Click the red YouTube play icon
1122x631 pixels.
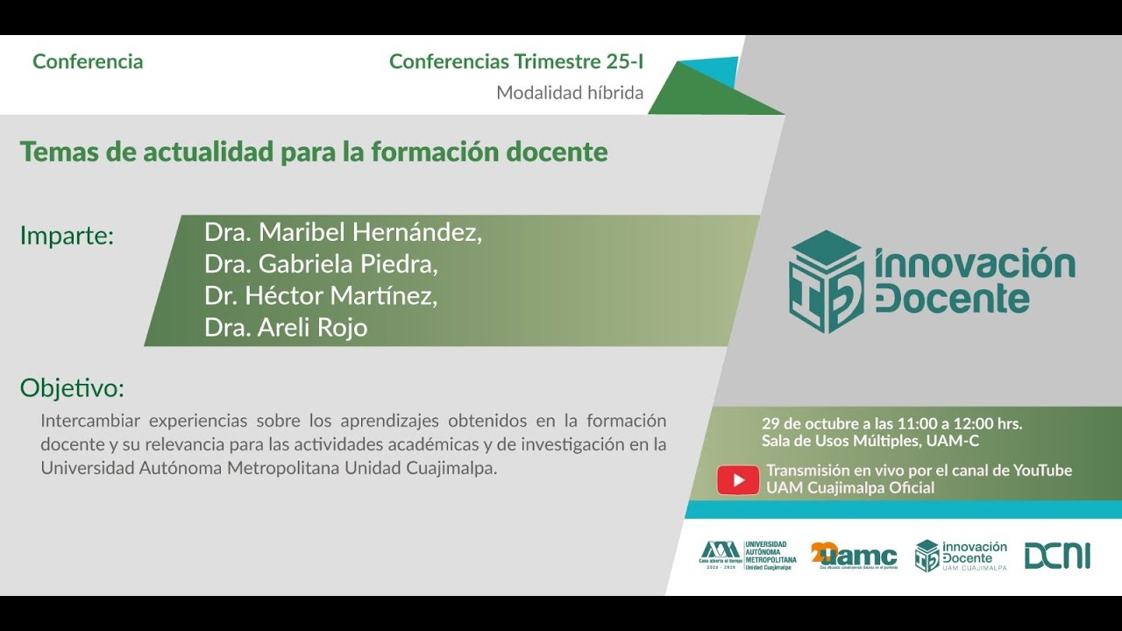738,479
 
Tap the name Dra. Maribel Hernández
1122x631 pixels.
343,233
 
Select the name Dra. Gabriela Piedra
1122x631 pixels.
320,265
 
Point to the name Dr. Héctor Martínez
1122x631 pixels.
320,296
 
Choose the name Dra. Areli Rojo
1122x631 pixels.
285,328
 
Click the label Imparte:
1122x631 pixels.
67,236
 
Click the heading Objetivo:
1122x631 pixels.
72,388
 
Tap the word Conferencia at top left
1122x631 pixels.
88,62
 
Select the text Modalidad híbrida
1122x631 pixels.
570,93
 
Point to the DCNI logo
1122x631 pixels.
1057,556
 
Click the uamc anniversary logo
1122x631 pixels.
854,556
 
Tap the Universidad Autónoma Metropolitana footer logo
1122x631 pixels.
748,556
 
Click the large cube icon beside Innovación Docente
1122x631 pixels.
826,281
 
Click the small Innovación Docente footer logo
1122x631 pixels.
961,556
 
